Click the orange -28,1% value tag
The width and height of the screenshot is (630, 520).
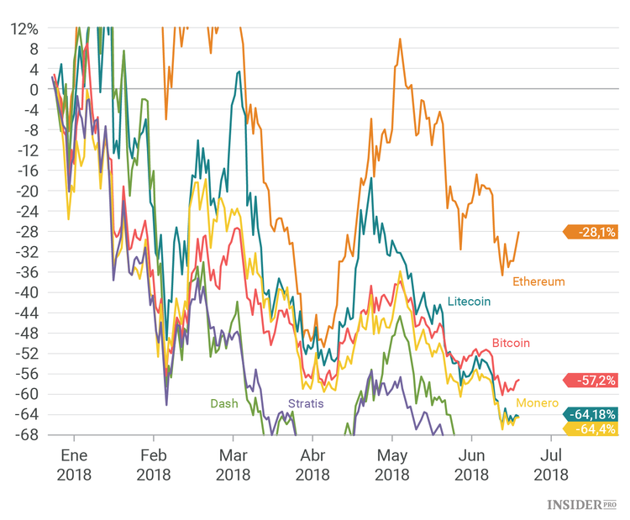click(x=592, y=232)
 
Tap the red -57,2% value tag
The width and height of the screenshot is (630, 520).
click(x=592, y=380)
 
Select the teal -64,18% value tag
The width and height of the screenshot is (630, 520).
click(x=592, y=414)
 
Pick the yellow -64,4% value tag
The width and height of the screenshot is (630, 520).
click(x=592, y=428)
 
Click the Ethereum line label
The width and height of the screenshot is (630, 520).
click(x=538, y=281)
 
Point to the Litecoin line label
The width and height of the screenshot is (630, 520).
click(x=469, y=301)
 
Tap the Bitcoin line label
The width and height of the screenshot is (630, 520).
click(x=511, y=343)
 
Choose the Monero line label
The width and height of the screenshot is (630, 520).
click(x=538, y=403)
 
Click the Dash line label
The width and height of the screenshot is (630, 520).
click(x=223, y=403)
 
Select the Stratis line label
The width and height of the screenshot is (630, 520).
click(x=306, y=403)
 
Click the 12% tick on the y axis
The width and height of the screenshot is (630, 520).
click(x=24, y=28)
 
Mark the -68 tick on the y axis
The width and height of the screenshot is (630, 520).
click(x=26, y=434)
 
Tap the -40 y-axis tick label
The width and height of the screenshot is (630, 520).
click(x=26, y=292)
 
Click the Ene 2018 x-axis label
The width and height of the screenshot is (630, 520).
click(x=74, y=465)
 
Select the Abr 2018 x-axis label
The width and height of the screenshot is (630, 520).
click(x=312, y=465)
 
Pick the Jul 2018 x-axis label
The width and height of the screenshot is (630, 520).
click(x=551, y=465)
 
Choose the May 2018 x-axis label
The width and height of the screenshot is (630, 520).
click(x=391, y=465)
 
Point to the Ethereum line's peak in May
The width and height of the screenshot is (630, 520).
click(x=400, y=39)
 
